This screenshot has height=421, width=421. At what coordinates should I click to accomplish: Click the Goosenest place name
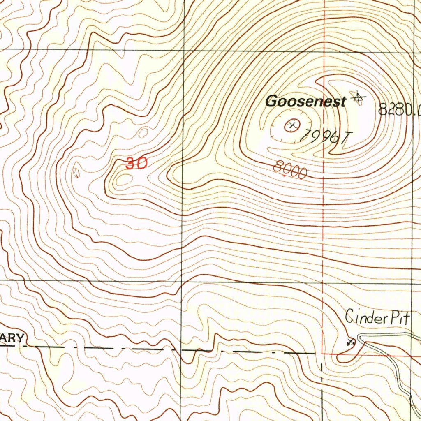(305, 101)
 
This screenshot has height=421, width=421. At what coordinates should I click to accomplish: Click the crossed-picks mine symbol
(350, 341)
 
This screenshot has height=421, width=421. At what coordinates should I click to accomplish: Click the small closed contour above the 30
(143, 133)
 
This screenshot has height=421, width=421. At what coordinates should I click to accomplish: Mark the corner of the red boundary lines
(322, 353)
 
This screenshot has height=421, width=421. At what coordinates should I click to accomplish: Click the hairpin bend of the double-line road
(361, 338)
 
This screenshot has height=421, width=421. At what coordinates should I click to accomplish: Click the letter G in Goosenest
(271, 101)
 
